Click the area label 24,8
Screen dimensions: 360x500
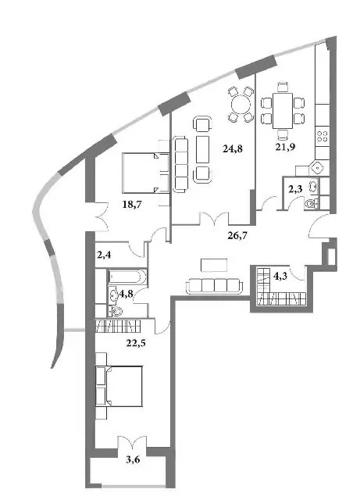pyautogui.click(x=233, y=148)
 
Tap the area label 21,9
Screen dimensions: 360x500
pyautogui.click(x=285, y=147)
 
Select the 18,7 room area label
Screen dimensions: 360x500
pyautogui.click(x=132, y=205)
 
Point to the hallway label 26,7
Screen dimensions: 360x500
pyautogui.click(x=237, y=236)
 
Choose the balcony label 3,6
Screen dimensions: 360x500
pyautogui.click(x=133, y=459)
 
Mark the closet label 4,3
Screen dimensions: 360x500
pyautogui.click(x=280, y=276)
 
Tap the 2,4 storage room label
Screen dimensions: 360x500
pyautogui.click(x=105, y=255)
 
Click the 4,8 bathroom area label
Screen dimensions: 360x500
pyautogui.click(x=126, y=294)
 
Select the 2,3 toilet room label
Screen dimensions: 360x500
pyautogui.click(x=295, y=189)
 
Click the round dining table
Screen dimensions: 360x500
pyautogui.click(x=241, y=104)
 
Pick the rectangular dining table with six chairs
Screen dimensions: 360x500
pyautogui.click(x=283, y=110)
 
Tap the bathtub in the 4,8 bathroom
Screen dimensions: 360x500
pyautogui.click(x=127, y=277)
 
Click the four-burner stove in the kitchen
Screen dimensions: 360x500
pyautogui.click(x=322, y=137)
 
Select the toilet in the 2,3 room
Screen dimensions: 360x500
pyautogui.click(x=311, y=204)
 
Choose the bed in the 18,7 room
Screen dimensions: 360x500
pyautogui.click(x=146, y=173)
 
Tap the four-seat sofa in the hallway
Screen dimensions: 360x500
pyautogui.click(x=214, y=286)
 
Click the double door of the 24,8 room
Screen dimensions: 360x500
pyautogui.click(x=214, y=220)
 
